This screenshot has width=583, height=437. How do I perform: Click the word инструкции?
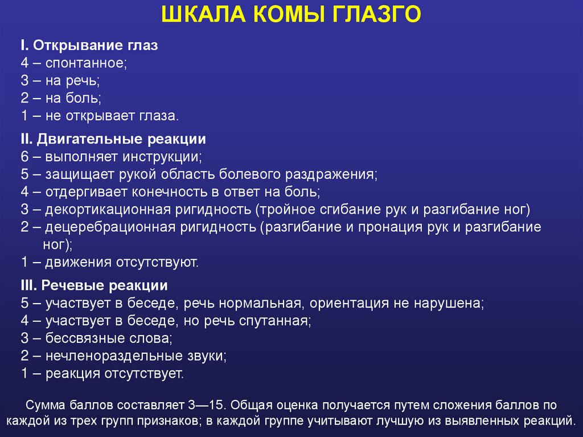[165, 156]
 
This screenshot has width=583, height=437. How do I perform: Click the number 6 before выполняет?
[24, 156]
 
